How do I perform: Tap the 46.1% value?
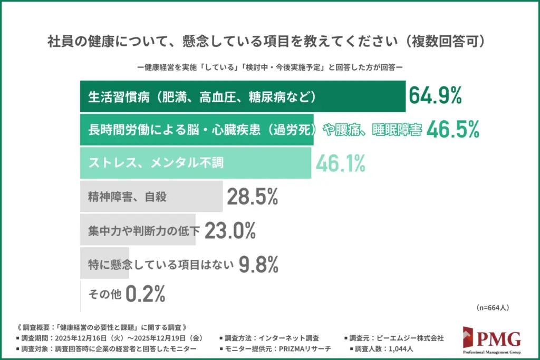(x=340, y=163)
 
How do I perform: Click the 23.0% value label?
(x=230, y=230)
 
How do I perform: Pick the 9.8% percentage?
(x=258, y=264)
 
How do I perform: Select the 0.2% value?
(x=146, y=294)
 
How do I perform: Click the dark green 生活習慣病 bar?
(x=243, y=96)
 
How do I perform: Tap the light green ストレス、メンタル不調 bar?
(x=195, y=163)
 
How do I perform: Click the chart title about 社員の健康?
(x=269, y=41)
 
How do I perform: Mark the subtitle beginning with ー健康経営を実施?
(x=269, y=67)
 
